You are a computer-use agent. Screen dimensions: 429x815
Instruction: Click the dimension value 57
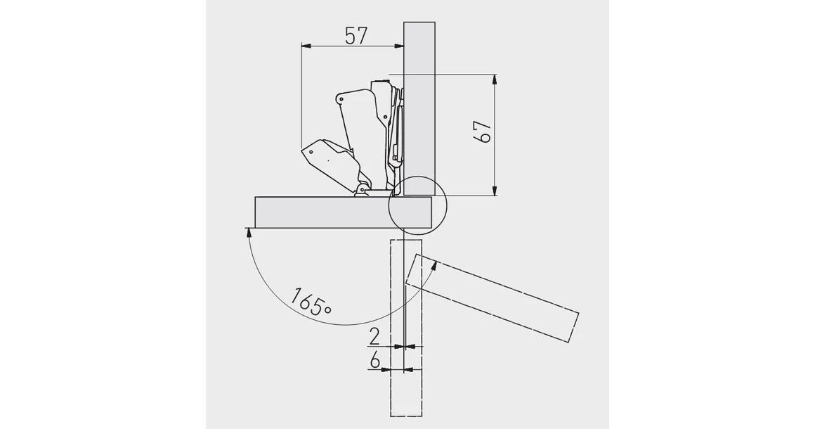click(356, 35)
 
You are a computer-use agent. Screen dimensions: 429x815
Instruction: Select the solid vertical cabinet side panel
click(419, 105)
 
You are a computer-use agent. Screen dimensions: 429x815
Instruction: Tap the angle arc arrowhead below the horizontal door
click(248, 232)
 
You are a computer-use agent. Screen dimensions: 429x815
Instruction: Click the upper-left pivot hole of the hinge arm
click(341, 100)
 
